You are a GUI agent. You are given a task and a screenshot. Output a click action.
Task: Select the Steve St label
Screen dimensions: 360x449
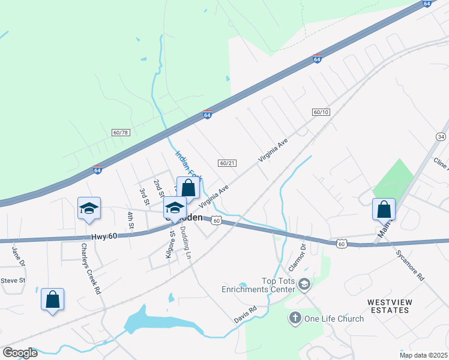pyautogui.click(x=13, y=280)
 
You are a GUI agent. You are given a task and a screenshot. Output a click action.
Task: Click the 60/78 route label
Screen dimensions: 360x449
pyautogui.click(x=121, y=132)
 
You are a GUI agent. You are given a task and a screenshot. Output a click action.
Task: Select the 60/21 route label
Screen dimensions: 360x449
pyautogui.click(x=227, y=163)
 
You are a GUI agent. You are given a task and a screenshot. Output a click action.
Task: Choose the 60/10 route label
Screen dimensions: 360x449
pyautogui.click(x=321, y=112)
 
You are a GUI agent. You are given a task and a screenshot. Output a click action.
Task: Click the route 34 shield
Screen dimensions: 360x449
pyautogui.click(x=441, y=137)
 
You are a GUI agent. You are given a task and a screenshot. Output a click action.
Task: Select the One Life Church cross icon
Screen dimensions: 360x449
pyautogui.click(x=294, y=318)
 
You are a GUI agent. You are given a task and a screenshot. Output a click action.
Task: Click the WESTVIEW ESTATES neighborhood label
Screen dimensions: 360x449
pyautogui.click(x=388, y=306)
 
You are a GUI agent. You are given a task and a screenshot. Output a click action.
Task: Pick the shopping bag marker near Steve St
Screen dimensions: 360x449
pyautogui.click(x=52, y=299)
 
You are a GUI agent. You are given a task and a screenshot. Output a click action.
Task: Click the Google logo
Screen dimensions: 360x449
pyautogui.click(x=20, y=353)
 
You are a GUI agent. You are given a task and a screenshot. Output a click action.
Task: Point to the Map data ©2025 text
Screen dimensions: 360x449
pyautogui.click(x=423, y=355)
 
